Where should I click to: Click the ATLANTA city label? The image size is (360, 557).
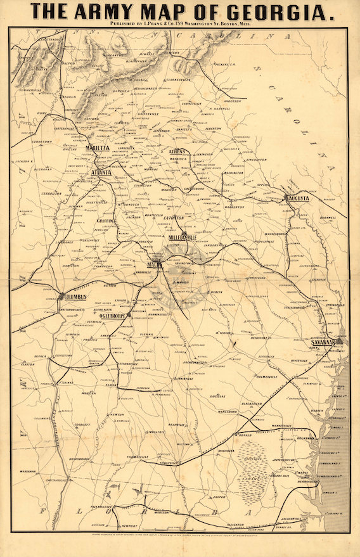[100, 172]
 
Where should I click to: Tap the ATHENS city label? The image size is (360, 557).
[181, 151]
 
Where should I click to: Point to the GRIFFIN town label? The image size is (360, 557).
[105, 221]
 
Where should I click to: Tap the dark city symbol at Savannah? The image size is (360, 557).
[339, 341]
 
